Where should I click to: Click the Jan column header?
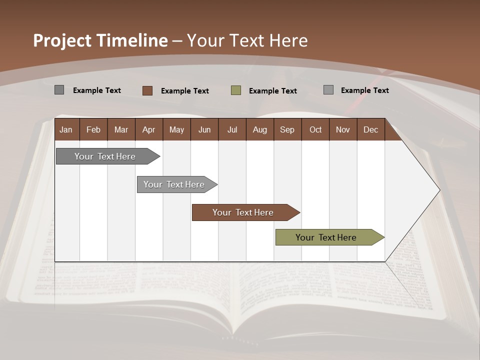[x=66, y=129]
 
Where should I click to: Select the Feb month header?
[x=93, y=129]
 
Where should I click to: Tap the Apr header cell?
[x=148, y=129]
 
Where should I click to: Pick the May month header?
[x=176, y=129]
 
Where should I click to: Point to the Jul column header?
[x=232, y=129]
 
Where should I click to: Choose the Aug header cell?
[x=259, y=129]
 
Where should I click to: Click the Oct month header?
[x=315, y=129]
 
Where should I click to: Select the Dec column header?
[x=370, y=129]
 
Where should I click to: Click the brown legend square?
[x=147, y=90]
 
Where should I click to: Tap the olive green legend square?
[x=236, y=90]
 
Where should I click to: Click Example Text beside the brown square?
[x=184, y=91]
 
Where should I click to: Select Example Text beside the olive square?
[x=272, y=91]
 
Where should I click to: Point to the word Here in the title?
[x=288, y=41]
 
